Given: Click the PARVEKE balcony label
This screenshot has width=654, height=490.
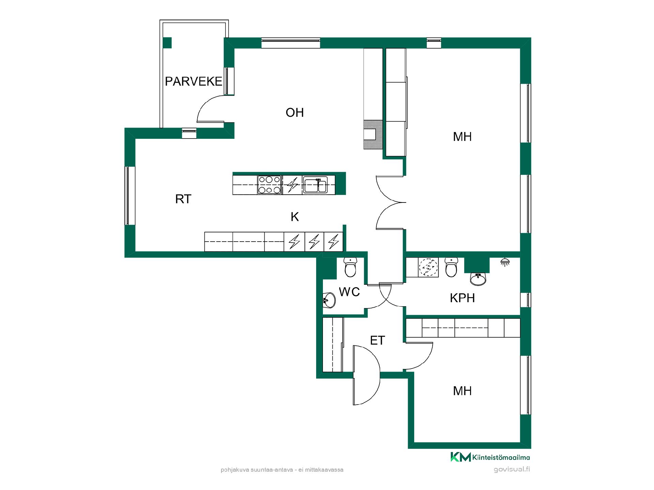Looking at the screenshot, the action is tap(193, 82).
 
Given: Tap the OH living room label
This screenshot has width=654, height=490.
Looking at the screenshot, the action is tap(295, 113).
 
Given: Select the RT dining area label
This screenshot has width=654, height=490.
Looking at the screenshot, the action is tap(183, 199).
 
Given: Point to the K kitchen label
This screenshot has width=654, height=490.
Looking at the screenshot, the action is tap(295, 217).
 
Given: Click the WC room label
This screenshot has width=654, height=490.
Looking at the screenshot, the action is tap(349, 292).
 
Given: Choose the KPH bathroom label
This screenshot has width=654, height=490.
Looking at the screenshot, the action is tap(462, 298).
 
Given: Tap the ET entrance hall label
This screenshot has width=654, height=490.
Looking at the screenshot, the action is tap(377, 340).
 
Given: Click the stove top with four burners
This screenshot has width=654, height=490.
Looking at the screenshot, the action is tap(269, 185).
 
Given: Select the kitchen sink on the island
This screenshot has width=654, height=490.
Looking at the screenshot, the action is tap(315, 185).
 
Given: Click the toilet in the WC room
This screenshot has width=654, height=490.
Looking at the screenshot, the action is tap(350, 267).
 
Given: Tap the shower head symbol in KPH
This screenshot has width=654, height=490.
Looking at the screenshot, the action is tap(505, 262).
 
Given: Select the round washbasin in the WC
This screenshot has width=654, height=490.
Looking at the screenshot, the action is tap(329, 300).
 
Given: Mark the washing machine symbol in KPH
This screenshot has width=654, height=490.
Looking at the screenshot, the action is tap(428, 267).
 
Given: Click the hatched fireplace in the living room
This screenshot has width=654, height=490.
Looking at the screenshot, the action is tap(373, 135).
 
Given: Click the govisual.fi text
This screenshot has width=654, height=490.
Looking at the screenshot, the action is tap(512, 470).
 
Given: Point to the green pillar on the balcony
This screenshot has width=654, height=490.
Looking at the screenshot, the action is tap(167, 43).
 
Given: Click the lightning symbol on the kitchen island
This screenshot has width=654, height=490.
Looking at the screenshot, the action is tap(292, 185).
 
